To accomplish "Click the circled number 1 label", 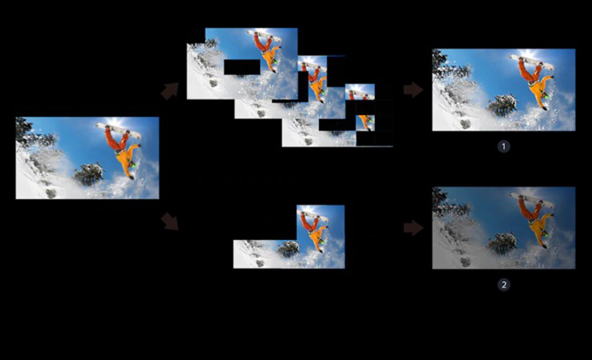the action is click(504, 147).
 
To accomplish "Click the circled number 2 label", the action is click(504, 284).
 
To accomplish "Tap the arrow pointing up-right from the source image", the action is click(170, 91).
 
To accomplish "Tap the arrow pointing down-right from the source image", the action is click(170, 221).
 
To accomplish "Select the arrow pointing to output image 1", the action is click(414, 90).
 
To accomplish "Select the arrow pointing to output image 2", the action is click(414, 228).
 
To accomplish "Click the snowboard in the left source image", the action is click(118, 130).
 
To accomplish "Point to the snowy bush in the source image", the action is click(89, 174).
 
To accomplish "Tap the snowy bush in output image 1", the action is click(502, 105).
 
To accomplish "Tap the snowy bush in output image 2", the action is click(502, 243).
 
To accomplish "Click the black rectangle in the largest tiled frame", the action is click(242, 67).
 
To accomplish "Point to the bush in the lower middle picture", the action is click(289, 249).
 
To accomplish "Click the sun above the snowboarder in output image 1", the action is click(529, 53).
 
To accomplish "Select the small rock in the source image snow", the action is click(51, 193).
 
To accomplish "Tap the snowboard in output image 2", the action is click(531, 201).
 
